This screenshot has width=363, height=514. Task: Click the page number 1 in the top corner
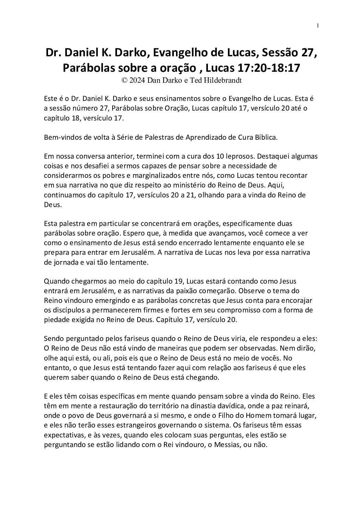tap(318, 26)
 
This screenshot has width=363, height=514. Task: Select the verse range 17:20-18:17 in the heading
tap(269, 68)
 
